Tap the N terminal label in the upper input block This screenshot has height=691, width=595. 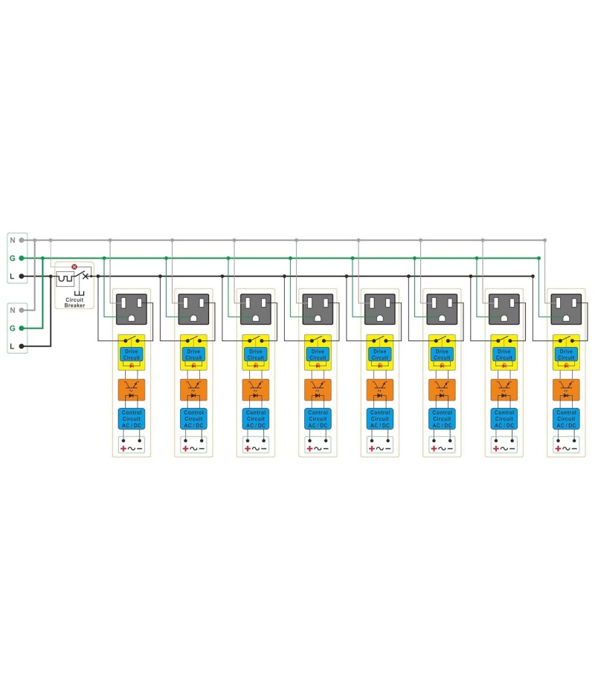point(12,240)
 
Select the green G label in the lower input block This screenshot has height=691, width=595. point(12,328)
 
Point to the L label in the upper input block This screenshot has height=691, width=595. point(12,276)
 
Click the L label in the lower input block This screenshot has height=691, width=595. point(12,346)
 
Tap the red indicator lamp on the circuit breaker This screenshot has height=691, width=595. point(74,266)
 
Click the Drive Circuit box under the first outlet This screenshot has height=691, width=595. point(131,354)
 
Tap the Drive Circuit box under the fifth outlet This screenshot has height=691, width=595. point(379,354)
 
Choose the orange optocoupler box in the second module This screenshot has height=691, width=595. point(193,389)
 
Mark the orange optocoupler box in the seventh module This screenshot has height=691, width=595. point(504,389)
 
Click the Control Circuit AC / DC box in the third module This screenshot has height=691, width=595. point(255,419)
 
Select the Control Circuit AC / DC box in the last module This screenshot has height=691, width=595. point(566,419)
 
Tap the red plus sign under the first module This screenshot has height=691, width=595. point(123,448)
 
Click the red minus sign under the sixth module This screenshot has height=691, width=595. point(450,448)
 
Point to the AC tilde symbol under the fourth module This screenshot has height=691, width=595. point(318,448)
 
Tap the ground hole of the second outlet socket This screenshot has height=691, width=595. point(193,316)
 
